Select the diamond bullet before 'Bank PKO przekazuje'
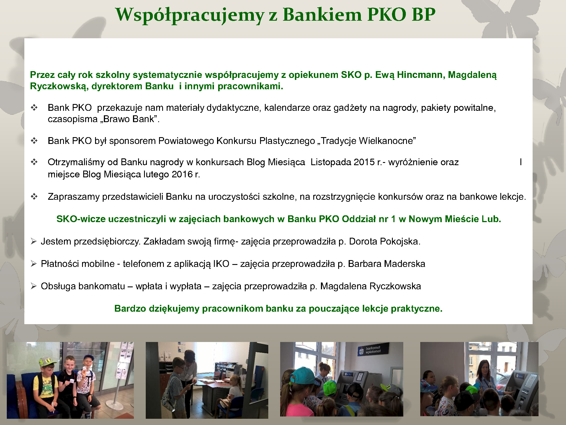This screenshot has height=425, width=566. (x=34, y=108)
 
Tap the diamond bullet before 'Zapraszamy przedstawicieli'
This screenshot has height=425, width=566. (x=34, y=197)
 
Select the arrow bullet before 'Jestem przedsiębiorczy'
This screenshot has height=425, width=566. (x=34, y=241)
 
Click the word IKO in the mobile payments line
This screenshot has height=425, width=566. (x=221, y=264)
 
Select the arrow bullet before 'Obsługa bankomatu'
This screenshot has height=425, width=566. (x=34, y=286)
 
